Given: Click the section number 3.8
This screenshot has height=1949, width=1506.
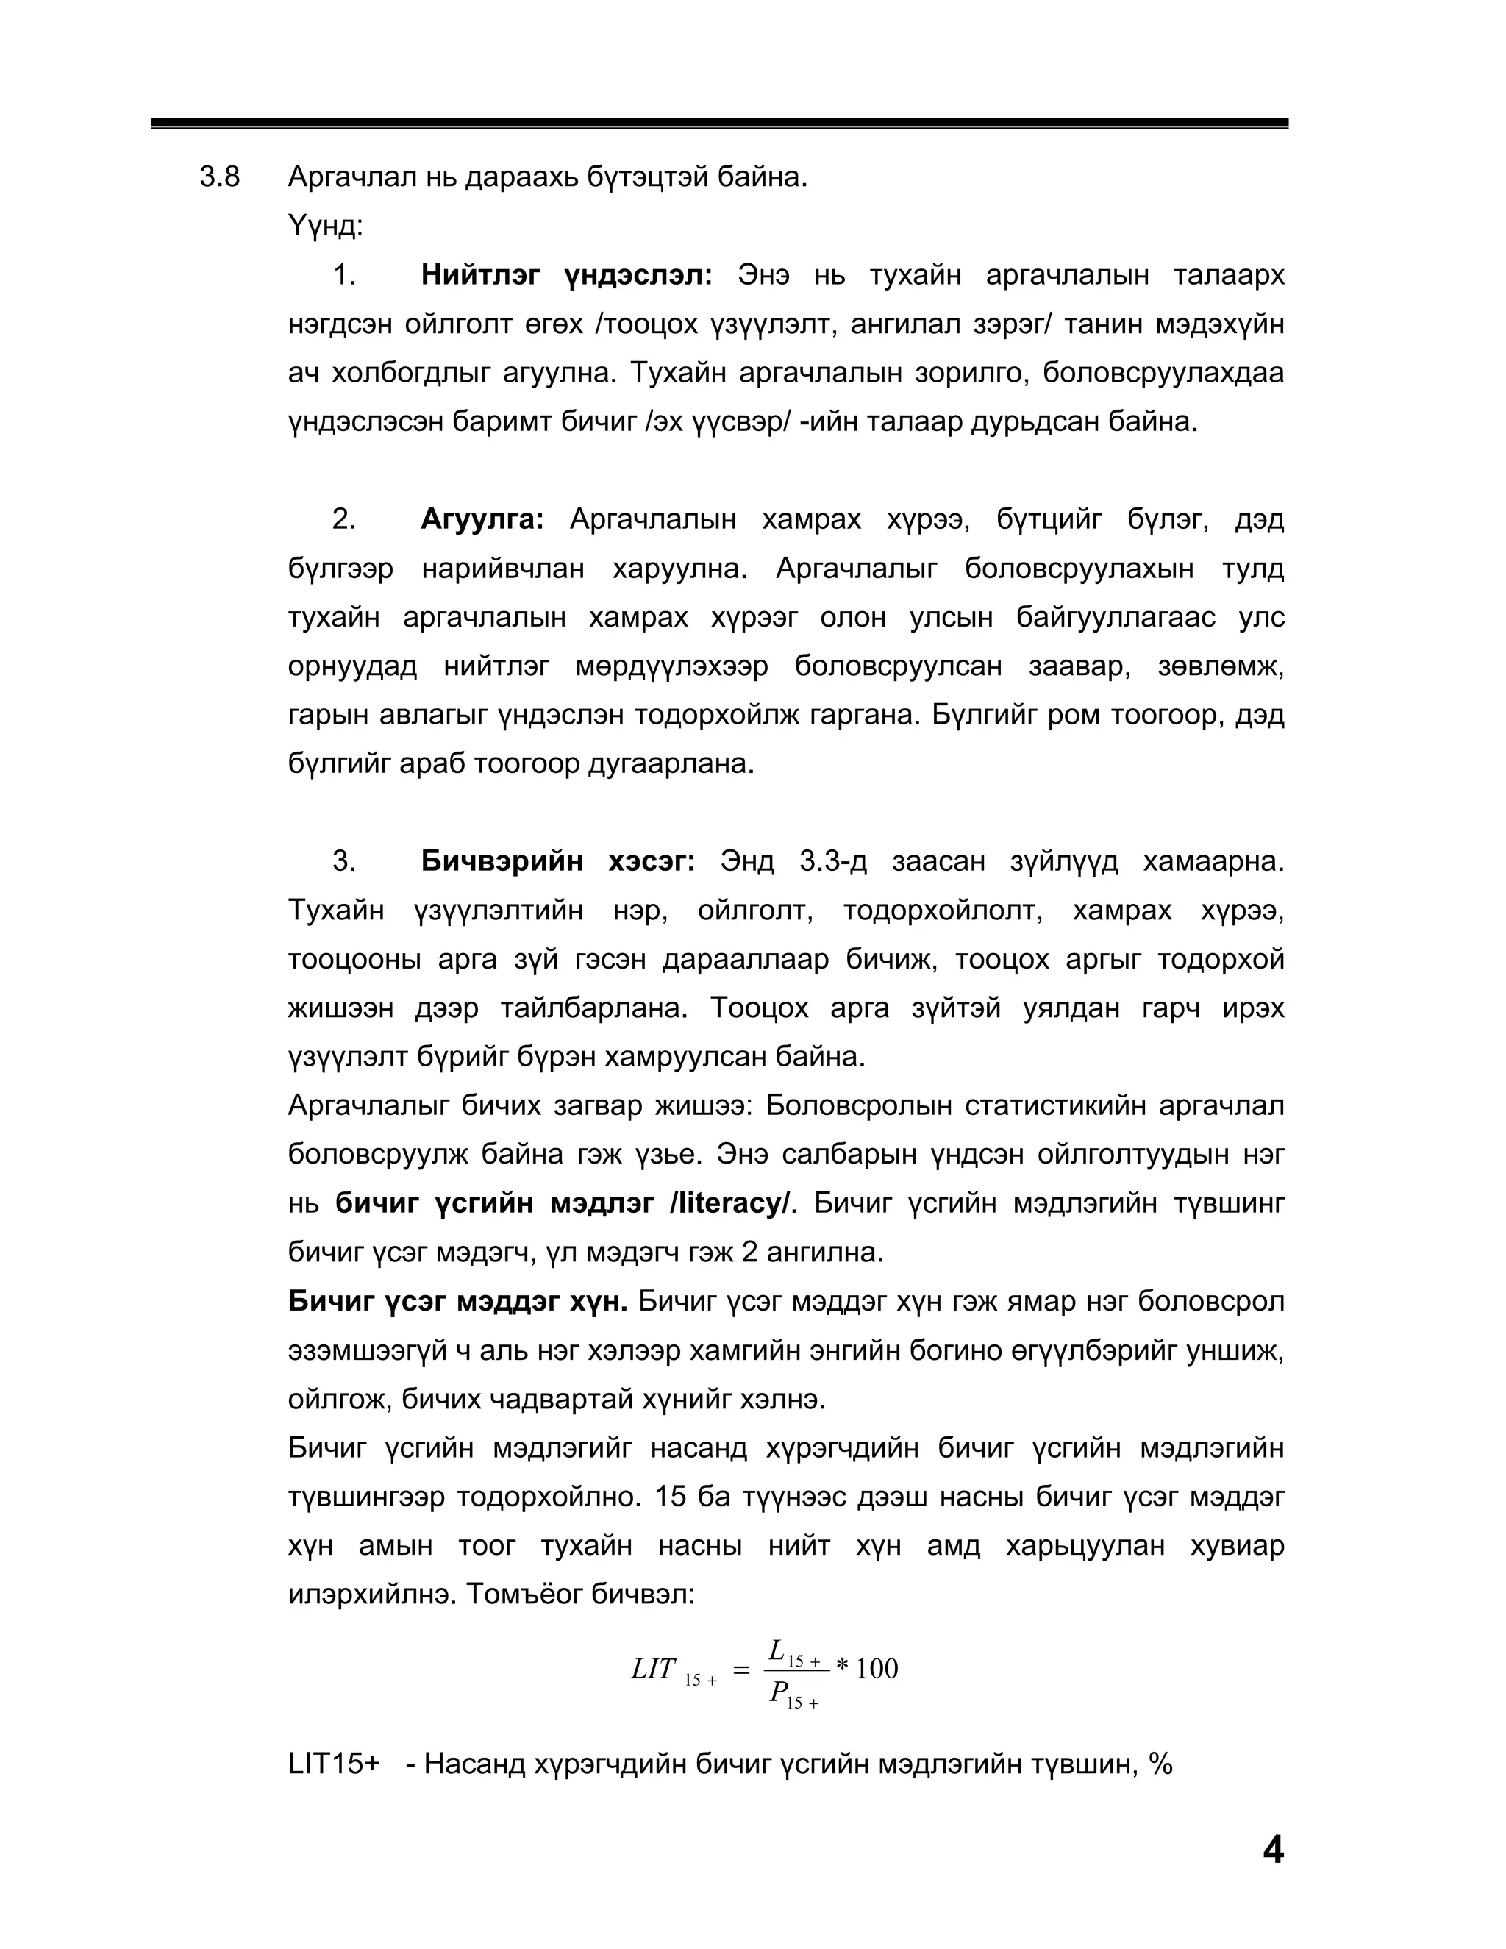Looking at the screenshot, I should [x=219, y=177].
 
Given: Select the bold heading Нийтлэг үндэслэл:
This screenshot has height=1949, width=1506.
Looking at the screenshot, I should [x=566, y=275].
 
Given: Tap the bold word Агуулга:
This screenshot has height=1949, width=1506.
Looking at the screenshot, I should [x=482, y=519].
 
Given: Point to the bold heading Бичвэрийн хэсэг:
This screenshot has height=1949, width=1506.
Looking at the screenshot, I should [x=557, y=861].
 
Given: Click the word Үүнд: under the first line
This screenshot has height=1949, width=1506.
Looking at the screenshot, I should [x=326, y=226].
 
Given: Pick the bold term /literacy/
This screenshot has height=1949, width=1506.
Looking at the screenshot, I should [x=729, y=1204].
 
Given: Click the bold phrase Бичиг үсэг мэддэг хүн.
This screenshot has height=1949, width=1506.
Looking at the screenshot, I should [x=457, y=1302].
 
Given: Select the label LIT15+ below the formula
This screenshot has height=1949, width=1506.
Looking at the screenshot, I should [x=335, y=1782].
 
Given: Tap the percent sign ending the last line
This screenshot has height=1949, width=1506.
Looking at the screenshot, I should [x=1160, y=1782].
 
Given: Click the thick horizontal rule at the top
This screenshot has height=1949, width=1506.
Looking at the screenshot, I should [x=719, y=123].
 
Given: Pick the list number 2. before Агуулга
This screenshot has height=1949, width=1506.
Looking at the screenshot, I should [x=343, y=519].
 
